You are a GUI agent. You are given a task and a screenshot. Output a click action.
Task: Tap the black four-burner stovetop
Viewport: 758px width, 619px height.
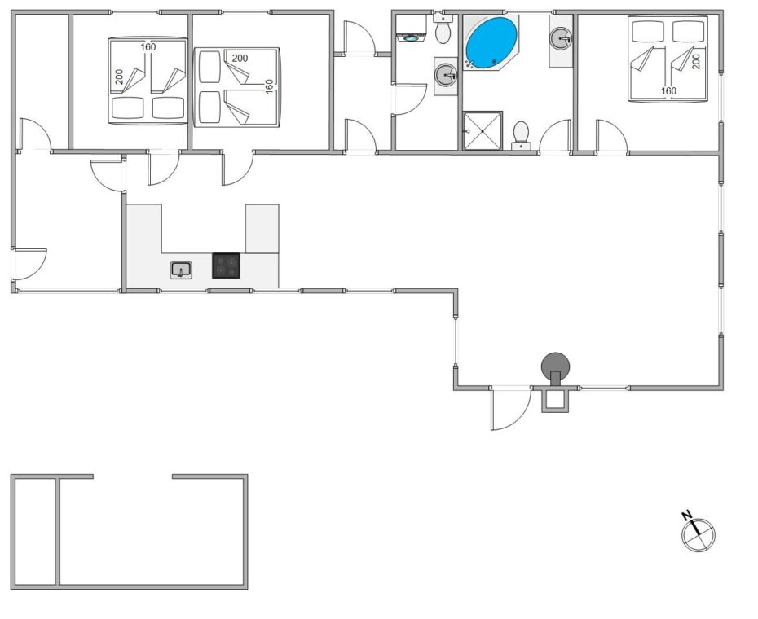[x=227, y=266]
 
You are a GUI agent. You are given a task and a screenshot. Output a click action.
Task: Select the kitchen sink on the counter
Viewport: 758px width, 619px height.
[x=181, y=270]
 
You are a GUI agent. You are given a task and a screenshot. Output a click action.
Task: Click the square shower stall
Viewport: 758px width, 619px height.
[x=483, y=131]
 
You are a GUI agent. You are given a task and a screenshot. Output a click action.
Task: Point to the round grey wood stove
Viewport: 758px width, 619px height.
[x=555, y=367]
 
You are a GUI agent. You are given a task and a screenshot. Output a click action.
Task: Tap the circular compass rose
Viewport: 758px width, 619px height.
[x=699, y=535]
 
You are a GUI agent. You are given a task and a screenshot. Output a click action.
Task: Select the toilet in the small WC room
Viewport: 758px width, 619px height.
[x=443, y=29]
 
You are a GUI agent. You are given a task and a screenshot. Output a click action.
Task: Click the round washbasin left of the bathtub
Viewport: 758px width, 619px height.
[x=446, y=76]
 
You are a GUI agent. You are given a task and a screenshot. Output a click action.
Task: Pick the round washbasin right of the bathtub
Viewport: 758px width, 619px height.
[x=561, y=38]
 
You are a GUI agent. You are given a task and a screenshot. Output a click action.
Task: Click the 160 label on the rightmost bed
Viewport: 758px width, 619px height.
[x=668, y=91]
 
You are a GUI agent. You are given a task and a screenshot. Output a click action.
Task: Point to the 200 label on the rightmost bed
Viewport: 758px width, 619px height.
[x=696, y=61]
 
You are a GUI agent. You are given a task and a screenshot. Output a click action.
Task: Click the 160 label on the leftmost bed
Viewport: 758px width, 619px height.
[x=148, y=47]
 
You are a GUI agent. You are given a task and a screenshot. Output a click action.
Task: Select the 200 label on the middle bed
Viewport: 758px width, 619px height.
[x=240, y=58]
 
